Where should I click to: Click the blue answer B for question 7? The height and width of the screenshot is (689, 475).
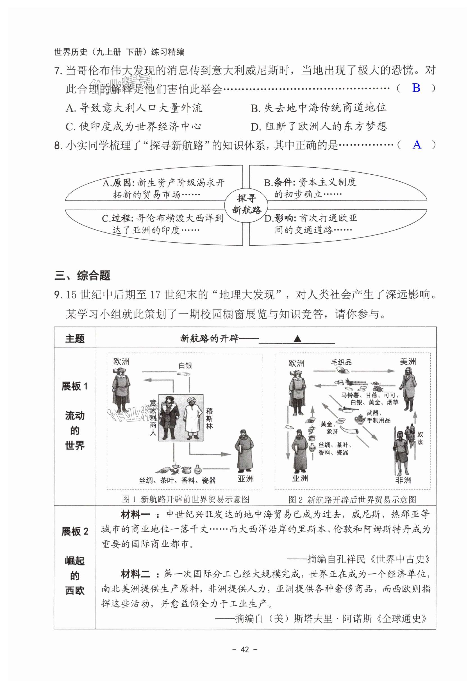(416, 88)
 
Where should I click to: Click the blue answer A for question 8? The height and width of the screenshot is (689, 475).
(417, 145)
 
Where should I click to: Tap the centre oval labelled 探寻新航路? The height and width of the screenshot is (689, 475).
(246, 204)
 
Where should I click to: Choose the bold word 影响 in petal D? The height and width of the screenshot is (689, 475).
(285, 218)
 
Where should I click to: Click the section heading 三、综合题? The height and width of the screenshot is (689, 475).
(82, 275)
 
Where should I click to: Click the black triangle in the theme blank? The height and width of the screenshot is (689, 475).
(297, 339)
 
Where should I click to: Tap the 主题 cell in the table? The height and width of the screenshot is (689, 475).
(75, 339)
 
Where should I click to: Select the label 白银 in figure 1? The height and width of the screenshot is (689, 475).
(185, 365)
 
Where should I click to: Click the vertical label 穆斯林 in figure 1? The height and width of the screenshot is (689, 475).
(209, 419)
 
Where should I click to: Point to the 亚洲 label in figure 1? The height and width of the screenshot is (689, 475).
(246, 479)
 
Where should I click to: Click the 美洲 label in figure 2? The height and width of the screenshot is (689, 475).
(408, 362)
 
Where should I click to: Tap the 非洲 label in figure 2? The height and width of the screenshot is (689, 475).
(403, 480)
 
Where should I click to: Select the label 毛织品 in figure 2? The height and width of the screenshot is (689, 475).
(341, 362)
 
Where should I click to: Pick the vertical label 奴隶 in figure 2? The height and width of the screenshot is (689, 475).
(420, 438)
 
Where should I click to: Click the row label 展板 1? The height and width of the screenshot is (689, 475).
(75, 386)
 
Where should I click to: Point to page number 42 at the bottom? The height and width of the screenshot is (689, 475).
(244, 649)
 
